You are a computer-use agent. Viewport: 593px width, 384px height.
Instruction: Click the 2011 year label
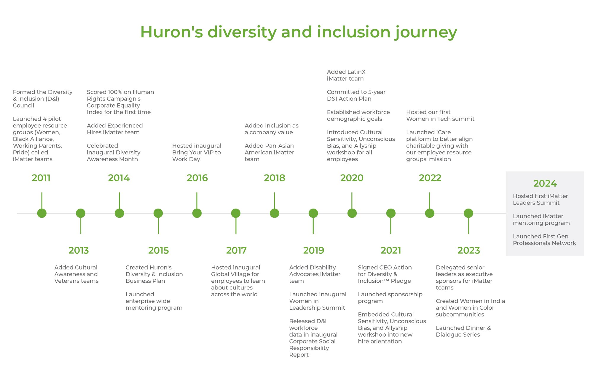pos(41,178)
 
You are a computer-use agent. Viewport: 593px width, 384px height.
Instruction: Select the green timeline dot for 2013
pos(81,213)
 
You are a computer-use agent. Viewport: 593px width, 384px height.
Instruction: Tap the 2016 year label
pos(197,178)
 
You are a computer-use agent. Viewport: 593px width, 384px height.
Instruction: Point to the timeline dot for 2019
pos(313,213)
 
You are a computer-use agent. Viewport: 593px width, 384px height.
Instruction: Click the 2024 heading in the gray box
pos(545,183)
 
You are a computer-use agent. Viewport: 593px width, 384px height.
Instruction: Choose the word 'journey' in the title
pos(426,33)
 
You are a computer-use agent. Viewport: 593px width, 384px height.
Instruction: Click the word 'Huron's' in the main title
pos(172,32)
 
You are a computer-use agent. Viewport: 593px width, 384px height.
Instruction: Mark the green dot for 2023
pos(468,213)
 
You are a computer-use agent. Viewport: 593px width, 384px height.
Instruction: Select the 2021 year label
pos(391,250)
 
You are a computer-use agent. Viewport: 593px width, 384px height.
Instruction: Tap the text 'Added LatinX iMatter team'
pos(346,75)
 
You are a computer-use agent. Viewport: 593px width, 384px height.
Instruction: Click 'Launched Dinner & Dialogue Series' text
pos(463,331)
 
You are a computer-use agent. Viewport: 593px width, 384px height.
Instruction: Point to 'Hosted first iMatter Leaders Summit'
pos(540,199)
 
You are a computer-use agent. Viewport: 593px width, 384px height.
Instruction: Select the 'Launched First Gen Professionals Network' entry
pos(544,240)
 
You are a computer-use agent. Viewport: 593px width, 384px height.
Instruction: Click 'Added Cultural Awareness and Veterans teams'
pos(76,274)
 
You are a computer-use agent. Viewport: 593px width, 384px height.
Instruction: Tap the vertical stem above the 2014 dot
pos(119,201)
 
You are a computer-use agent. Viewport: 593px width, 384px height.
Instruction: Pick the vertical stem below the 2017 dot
pos(236,226)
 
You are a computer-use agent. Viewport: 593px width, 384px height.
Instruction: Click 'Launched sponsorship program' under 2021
pos(390,297)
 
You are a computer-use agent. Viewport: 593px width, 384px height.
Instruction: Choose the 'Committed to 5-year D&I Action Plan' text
pos(356,95)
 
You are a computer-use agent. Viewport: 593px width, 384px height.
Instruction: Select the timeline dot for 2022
pos(430,213)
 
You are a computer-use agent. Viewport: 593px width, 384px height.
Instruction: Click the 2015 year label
pos(158,250)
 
